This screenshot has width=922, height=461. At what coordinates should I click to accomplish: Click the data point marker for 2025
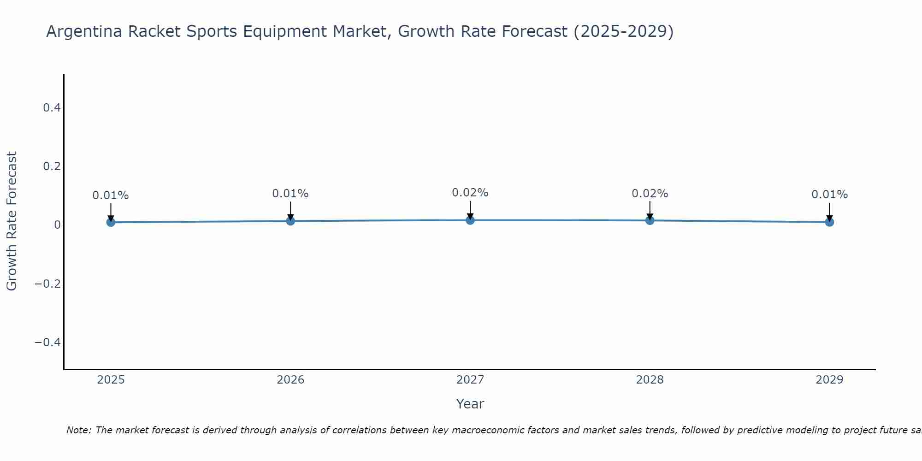111,222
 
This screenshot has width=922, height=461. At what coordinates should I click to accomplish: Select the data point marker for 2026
290,221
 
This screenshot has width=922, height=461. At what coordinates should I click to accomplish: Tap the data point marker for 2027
470,220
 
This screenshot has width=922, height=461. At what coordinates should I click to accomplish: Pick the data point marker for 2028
650,220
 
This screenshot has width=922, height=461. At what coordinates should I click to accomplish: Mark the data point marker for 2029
829,222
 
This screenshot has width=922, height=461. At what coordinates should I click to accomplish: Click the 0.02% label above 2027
470,193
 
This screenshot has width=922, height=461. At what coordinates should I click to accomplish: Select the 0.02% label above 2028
650,194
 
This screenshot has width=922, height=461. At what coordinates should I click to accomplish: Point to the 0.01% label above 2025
111,195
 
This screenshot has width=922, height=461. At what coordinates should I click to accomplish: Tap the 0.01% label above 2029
829,195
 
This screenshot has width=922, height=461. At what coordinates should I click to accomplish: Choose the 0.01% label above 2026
290,194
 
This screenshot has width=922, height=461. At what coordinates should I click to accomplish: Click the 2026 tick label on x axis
290,380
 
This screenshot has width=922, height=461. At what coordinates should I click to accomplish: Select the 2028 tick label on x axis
650,380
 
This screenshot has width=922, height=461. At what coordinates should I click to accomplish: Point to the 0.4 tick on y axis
52,108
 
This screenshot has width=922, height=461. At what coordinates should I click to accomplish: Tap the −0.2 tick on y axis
48,284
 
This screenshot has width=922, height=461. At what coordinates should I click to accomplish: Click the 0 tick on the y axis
57,225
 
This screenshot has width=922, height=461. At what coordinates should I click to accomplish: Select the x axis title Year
470,404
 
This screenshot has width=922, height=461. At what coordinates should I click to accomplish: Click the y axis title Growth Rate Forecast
12,221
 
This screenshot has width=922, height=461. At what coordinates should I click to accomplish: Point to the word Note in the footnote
78,430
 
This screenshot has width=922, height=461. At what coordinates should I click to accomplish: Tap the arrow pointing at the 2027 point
470,210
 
